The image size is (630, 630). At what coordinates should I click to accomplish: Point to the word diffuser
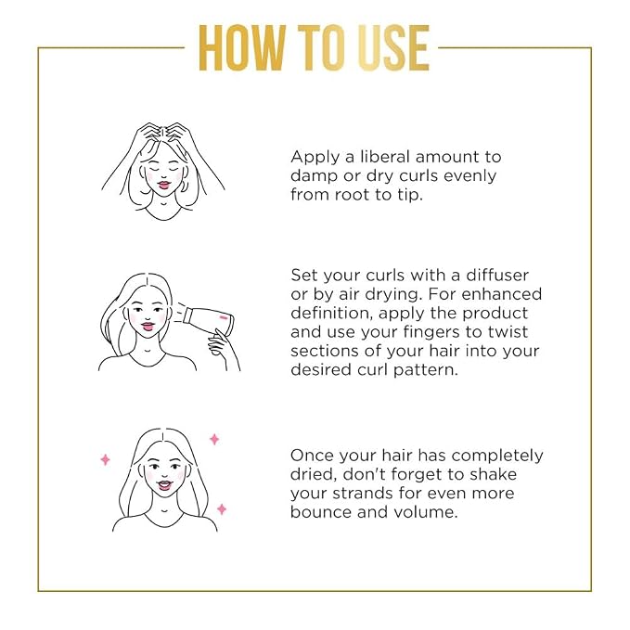(x=497, y=276)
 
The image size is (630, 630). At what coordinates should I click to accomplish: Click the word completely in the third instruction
(x=498, y=456)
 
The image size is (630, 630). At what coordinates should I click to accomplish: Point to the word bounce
(x=321, y=512)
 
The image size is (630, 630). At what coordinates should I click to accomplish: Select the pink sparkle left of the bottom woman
(x=105, y=459)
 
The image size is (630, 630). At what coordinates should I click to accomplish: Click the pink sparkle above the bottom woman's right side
(x=214, y=439)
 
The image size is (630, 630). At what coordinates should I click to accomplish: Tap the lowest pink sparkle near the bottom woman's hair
(x=222, y=509)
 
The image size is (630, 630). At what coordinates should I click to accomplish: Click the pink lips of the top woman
(x=164, y=186)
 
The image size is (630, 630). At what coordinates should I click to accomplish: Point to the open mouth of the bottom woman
(x=165, y=484)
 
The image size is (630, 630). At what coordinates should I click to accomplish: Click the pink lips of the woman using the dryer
(x=148, y=327)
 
